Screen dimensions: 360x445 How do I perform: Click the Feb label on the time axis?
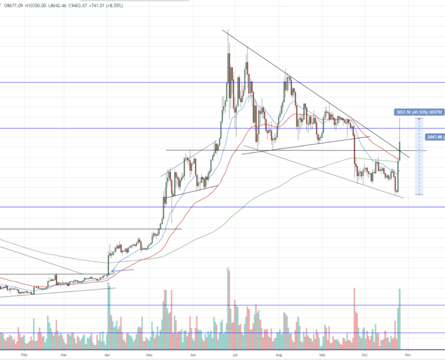tap(24, 355)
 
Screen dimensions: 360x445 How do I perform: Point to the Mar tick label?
tap(63, 355)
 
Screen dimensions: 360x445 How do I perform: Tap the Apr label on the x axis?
tap(107, 355)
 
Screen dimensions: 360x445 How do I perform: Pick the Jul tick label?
tap(234, 355)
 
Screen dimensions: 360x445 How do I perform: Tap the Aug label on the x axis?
tap(278, 355)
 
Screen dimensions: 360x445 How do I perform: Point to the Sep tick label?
tap(321, 355)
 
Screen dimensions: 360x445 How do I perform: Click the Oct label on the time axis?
tap(364, 355)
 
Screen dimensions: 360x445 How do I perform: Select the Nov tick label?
tap(407, 355)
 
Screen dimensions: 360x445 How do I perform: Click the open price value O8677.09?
tap(14, 4)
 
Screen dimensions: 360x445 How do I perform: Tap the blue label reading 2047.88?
tap(434, 137)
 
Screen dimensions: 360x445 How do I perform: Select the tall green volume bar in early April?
tap(108, 316)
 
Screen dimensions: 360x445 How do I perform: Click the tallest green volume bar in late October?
tap(400, 318)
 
